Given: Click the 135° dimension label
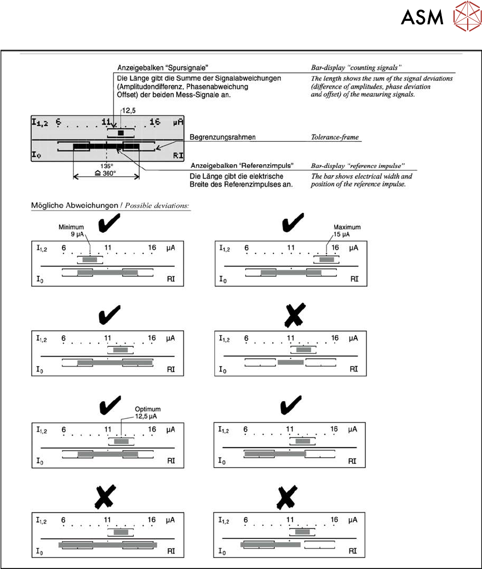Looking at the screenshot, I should point(106,166).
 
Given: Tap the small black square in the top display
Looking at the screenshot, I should point(121,132).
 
